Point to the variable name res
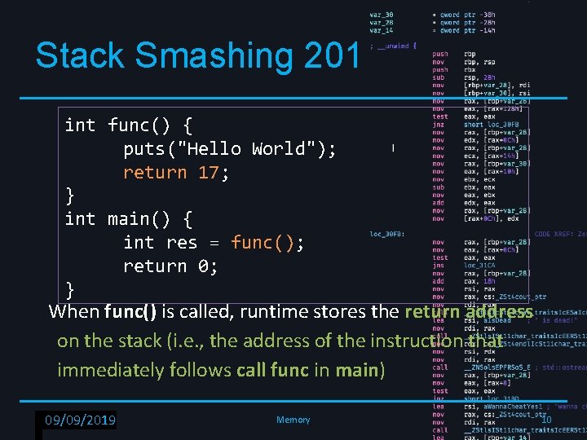point(181,243)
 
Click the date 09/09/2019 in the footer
point(80,420)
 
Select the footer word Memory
point(293,420)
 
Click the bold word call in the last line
point(254,370)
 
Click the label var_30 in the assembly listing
point(381,15)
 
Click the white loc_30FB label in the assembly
point(387,234)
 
